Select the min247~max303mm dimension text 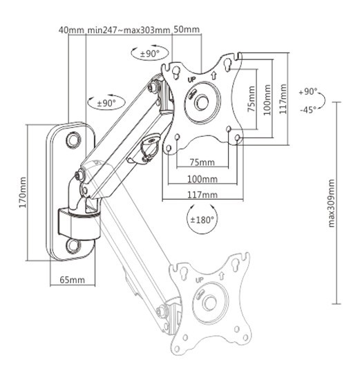pos(129,30)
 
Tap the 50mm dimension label pos(187,30)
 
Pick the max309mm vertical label pos(331,203)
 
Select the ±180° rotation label pos(202,219)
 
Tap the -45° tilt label pos(307,109)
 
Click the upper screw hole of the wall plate pos(73,140)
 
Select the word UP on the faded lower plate pos(198,281)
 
